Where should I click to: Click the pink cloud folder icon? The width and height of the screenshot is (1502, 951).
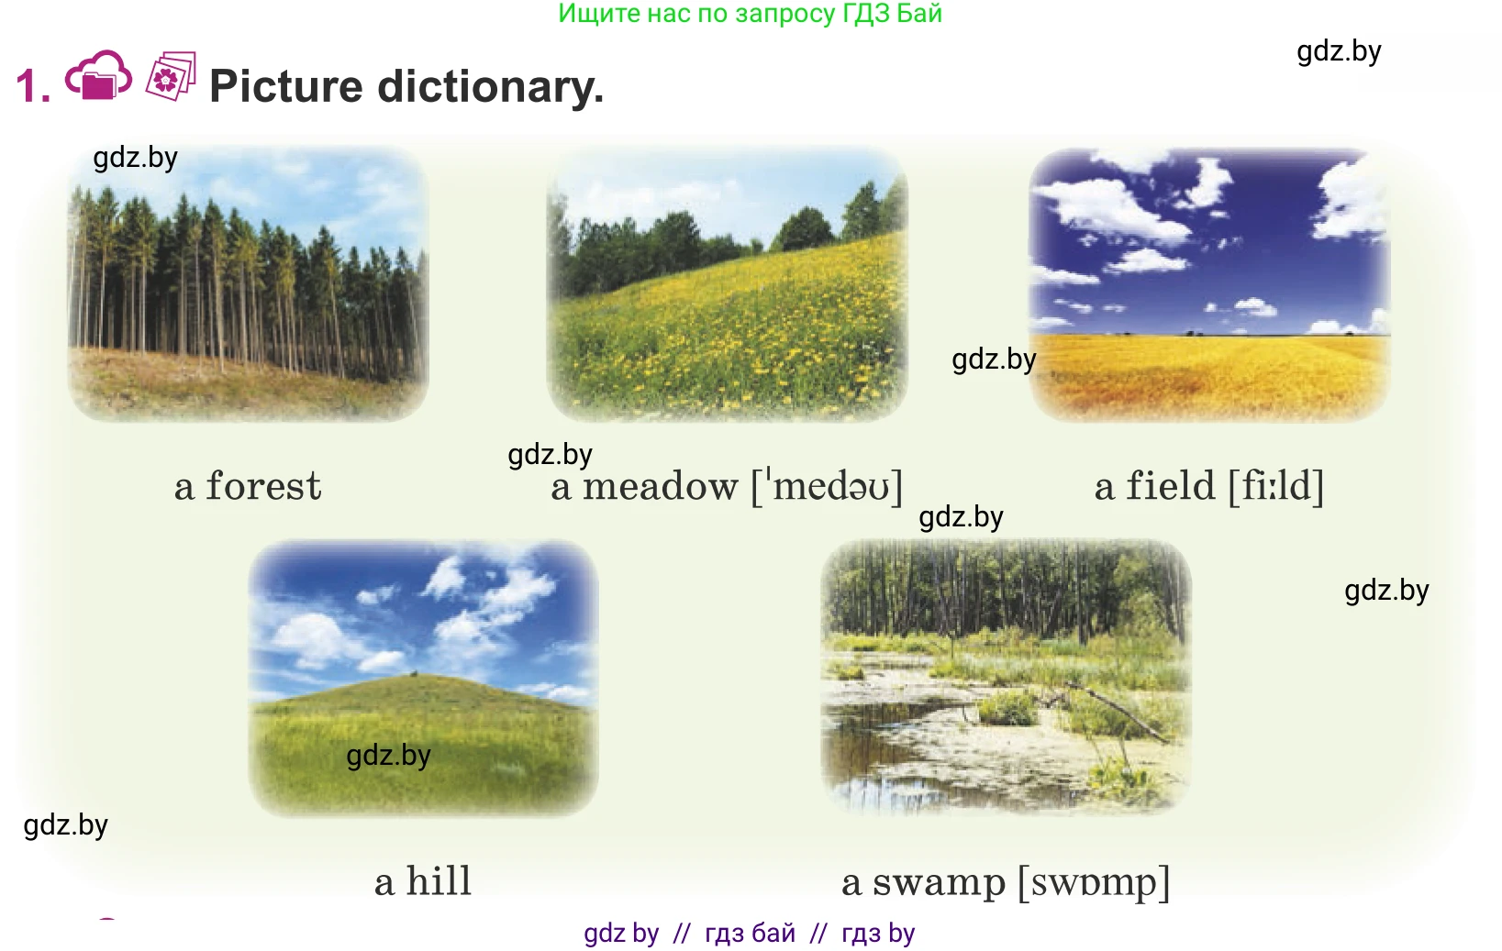tap(98, 75)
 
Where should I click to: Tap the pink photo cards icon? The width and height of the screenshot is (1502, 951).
tap(171, 76)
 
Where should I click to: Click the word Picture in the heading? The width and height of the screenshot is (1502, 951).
tap(286, 86)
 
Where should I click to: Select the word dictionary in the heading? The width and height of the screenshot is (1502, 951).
tap(490, 87)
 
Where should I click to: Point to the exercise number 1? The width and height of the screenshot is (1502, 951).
tap(33, 86)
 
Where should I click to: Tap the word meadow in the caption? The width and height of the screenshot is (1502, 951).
tap(660, 485)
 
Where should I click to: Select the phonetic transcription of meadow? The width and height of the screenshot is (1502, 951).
tap(827, 485)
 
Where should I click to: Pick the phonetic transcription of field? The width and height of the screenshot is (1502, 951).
tap(1276, 485)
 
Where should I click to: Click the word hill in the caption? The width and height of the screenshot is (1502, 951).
tap(439, 880)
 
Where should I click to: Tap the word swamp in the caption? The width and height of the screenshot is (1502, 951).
tap(939, 883)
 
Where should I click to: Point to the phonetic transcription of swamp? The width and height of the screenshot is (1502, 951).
tap(1094, 882)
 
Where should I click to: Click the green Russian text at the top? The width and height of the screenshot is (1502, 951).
tap(751, 14)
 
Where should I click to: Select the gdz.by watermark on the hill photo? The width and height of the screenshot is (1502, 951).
tap(388, 756)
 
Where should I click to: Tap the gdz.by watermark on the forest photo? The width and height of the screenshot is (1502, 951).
tap(136, 159)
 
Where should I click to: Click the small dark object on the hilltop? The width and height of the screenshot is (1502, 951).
tap(414, 673)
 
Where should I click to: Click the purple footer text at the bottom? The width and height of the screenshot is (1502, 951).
tap(749, 934)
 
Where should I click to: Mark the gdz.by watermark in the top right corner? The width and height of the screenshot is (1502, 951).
tap(1339, 52)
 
